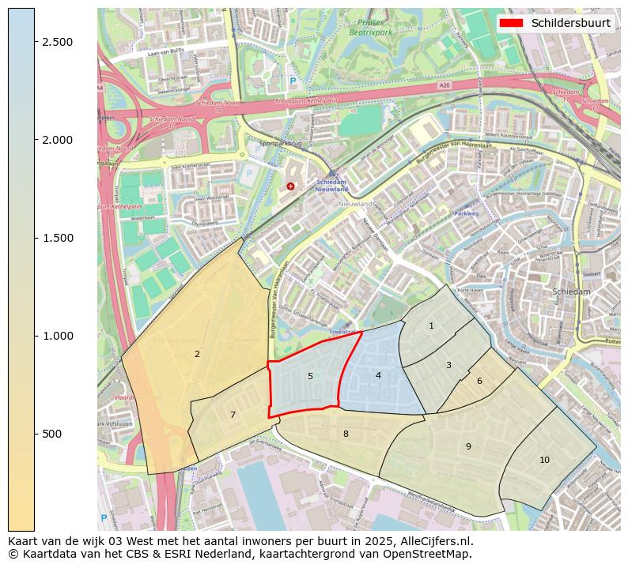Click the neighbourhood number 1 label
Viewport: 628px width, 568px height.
[431, 325]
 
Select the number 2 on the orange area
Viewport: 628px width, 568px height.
[197, 354]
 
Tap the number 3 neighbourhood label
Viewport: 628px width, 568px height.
[448, 365]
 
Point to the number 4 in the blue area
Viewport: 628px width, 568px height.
[378, 375]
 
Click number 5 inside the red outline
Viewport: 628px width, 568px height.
[310, 376]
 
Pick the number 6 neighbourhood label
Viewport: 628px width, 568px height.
[479, 381]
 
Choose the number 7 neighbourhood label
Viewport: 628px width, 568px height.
[233, 415]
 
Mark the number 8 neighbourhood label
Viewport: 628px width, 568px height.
[346, 434]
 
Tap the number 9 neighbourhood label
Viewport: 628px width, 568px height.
[468, 446]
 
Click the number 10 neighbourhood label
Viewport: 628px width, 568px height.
[544, 460]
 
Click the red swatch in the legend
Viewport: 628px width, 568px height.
[512, 23]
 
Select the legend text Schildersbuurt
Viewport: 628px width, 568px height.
[570, 23]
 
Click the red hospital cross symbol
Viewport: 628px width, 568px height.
[291, 186]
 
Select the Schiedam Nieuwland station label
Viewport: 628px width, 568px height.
[331, 184]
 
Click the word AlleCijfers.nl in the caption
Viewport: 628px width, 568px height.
[433, 541]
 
